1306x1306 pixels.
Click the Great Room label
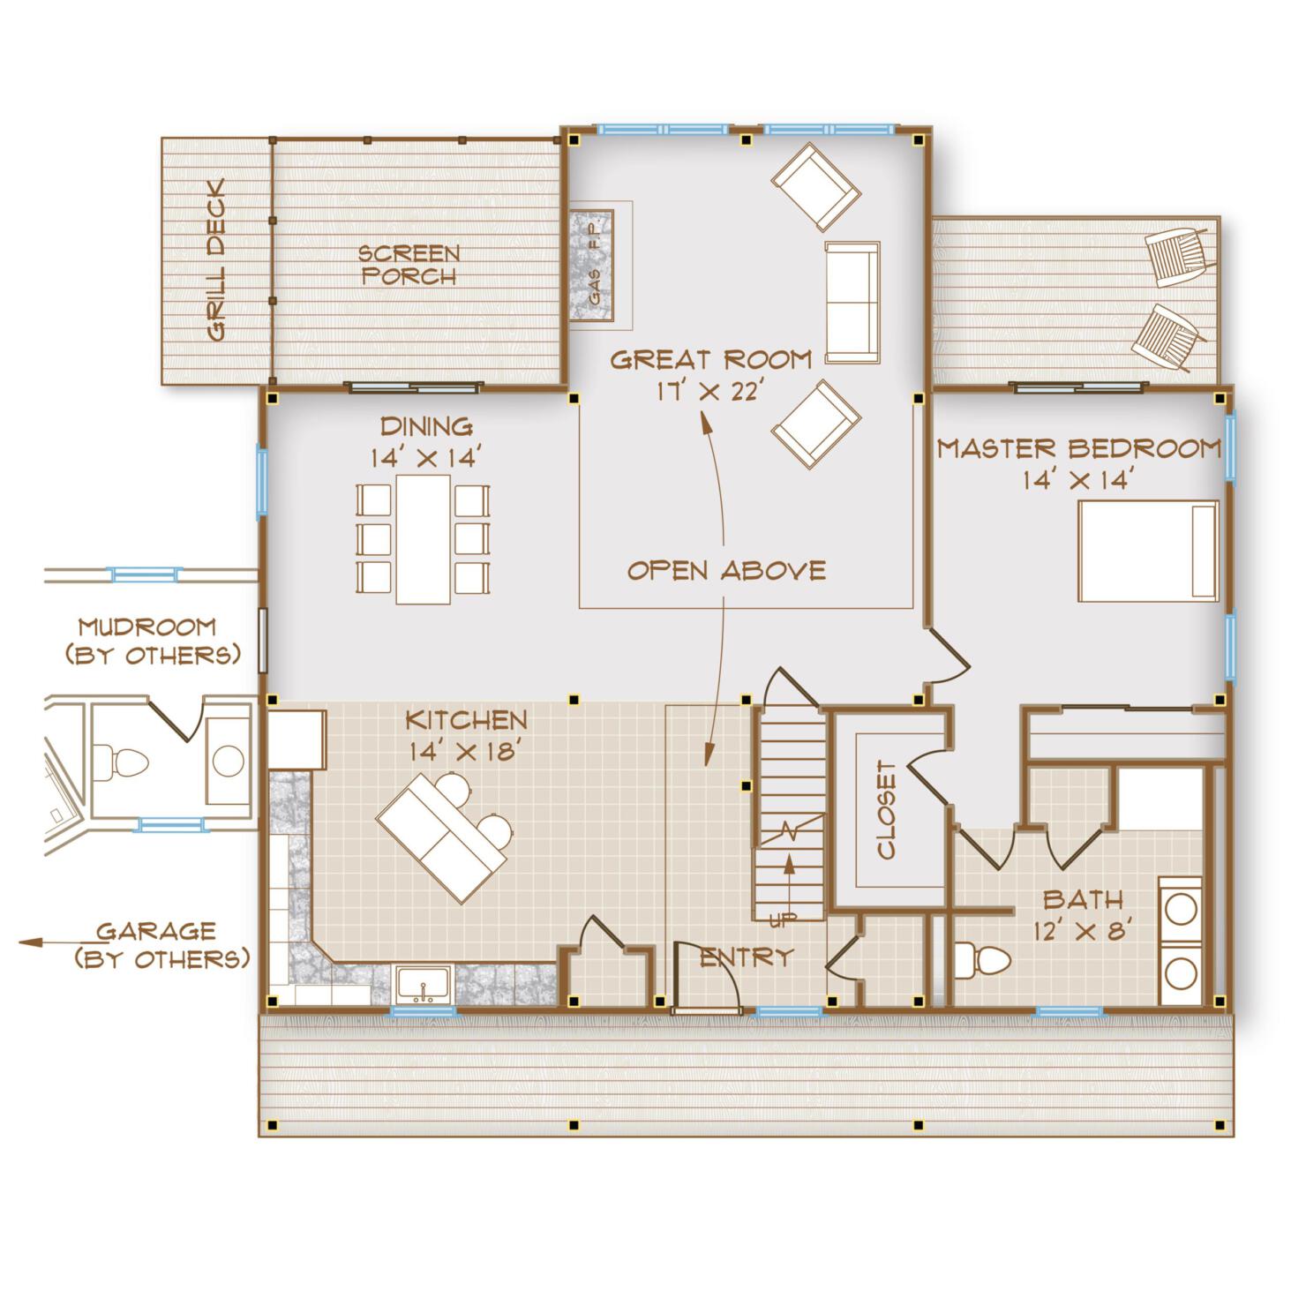click(x=710, y=360)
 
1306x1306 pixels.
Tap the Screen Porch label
click(x=409, y=265)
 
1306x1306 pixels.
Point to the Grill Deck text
click(x=214, y=260)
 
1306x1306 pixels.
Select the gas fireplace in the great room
click(x=591, y=265)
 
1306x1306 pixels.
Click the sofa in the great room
click(x=852, y=302)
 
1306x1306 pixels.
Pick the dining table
click(x=424, y=538)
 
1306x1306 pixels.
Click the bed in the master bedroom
click(x=1148, y=552)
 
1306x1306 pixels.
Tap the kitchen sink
click(x=424, y=984)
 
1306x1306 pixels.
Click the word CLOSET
click(x=887, y=810)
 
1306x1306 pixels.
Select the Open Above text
click(x=726, y=570)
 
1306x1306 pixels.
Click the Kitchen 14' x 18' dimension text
click(x=468, y=751)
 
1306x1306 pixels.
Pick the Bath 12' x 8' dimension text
click(x=1083, y=929)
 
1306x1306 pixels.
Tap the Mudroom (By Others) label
click(x=147, y=641)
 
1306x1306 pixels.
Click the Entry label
click(x=746, y=957)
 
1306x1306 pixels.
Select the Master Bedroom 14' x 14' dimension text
click(x=1077, y=480)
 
